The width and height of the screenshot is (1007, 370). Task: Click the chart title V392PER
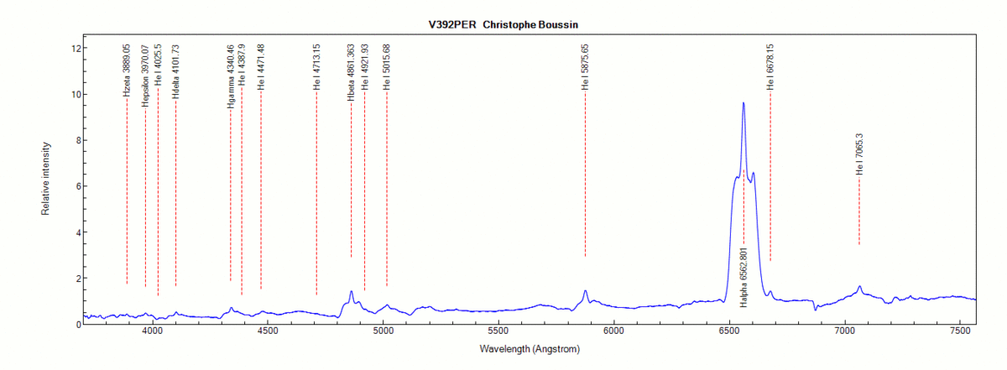pos(452,24)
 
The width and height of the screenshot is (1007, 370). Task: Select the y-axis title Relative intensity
pos(45,179)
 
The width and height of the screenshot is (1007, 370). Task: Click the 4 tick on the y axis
pos(75,232)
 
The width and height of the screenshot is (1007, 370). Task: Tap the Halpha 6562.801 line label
pos(744,278)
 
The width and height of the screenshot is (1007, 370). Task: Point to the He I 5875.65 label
pos(585,66)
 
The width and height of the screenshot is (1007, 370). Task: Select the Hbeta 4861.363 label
pos(351,72)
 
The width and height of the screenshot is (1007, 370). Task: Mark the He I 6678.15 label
pos(770,66)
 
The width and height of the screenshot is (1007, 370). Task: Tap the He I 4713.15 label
pos(316,66)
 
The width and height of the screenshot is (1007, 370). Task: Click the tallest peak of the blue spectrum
pos(744,103)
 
